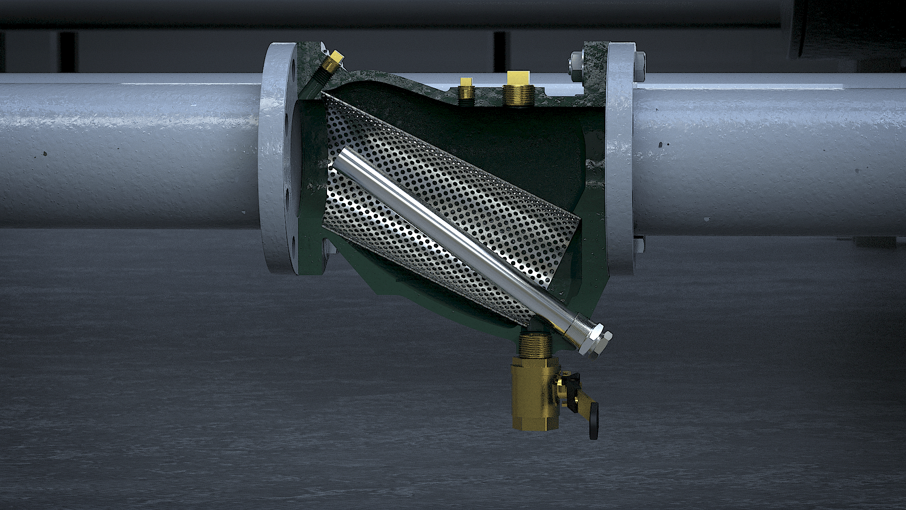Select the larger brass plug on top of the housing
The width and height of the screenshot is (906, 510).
click(x=518, y=87)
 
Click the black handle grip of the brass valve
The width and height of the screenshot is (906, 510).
click(x=594, y=420)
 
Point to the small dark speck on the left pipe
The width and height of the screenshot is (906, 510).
click(x=45, y=153)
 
